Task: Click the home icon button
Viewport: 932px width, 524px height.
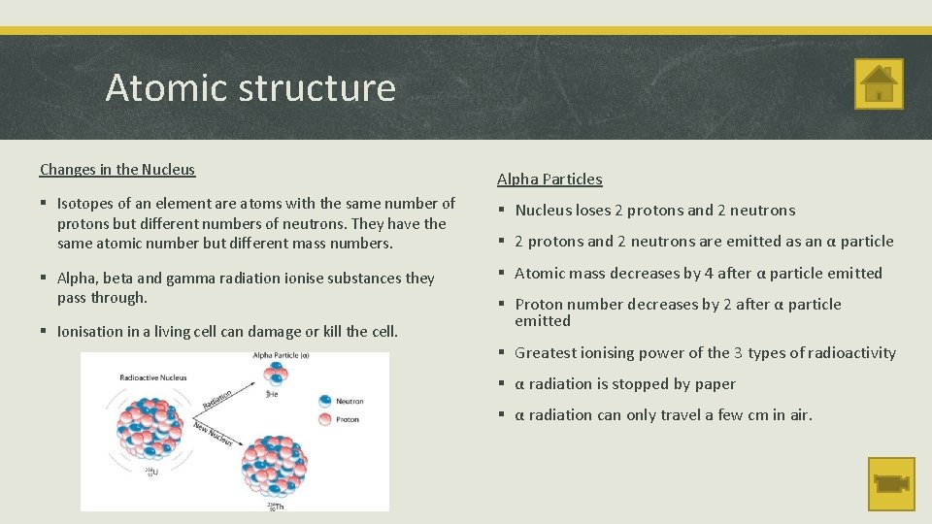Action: tap(879, 84)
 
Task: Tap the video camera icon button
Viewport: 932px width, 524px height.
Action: tap(890, 482)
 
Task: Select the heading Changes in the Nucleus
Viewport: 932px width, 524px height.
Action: tap(117, 170)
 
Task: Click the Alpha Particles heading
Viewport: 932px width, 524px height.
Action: tap(549, 180)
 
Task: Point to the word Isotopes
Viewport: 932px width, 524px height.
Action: tap(88, 204)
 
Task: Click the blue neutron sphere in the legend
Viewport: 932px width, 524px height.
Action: tap(324, 401)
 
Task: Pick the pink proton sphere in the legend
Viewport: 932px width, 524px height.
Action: tap(324, 419)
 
